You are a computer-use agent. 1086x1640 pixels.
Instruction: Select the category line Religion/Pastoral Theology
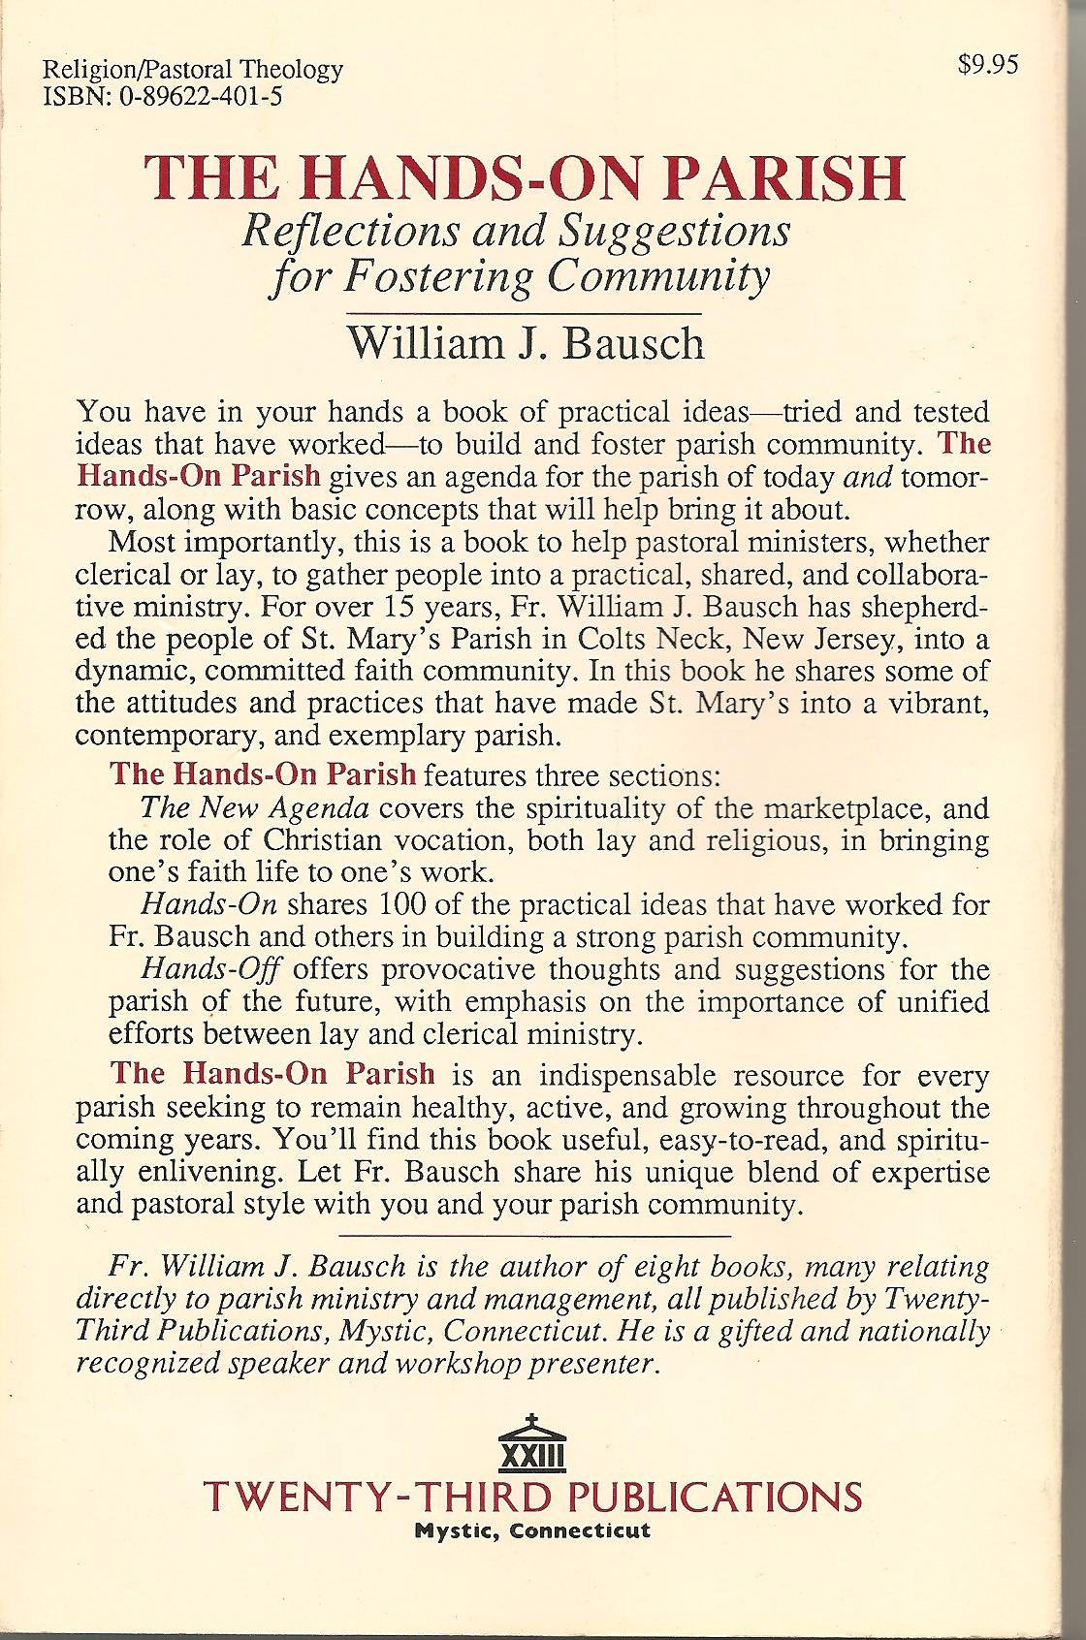[x=193, y=69]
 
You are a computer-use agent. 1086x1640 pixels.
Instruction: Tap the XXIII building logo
[x=529, y=1443]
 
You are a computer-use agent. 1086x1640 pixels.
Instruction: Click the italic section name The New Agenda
[x=255, y=807]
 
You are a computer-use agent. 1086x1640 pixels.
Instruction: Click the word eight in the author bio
[x=755, y=1266]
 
